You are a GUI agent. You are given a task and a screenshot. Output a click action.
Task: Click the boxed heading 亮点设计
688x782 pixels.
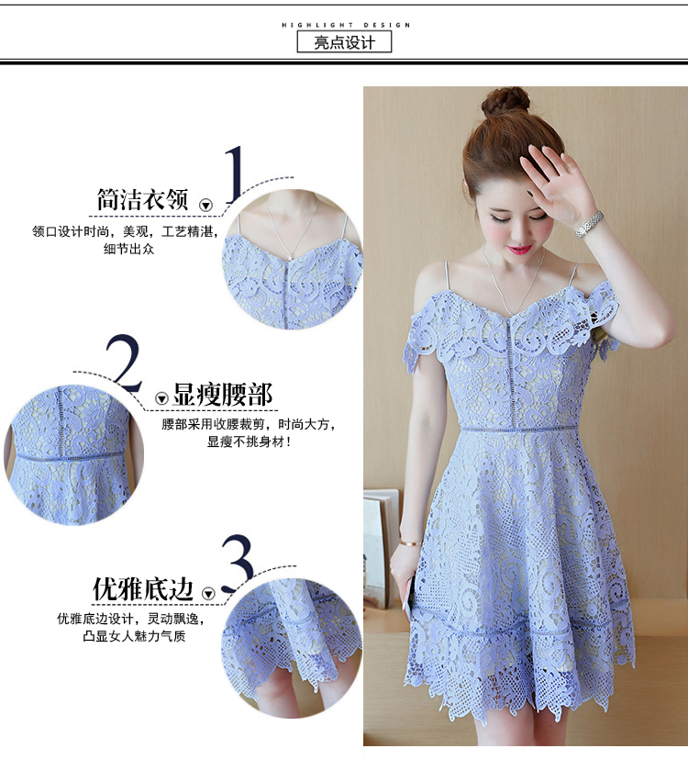click(x=344, y=42)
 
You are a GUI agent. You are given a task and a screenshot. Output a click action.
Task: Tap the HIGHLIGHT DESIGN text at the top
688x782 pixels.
click(x=346, y=25)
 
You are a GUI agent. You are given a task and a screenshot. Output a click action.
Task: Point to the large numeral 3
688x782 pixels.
click(x=238, y=563)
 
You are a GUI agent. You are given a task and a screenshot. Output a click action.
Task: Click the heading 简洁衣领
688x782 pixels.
click(x=142, y=200)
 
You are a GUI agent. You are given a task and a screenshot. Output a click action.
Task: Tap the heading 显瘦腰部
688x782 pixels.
click(x=222, y=395)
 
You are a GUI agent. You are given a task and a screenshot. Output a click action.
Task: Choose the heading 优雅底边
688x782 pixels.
click(x=143, y=589)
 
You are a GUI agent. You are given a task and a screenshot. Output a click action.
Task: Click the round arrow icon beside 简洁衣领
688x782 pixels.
click(x=205, y=205)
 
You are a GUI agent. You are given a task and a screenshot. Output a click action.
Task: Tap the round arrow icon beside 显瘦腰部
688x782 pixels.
click(x=161, y=398)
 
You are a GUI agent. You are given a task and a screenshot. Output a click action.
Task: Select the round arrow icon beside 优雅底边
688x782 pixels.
click(x=208, y=594)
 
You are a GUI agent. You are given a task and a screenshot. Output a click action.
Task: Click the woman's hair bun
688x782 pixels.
click(x=505, y=102)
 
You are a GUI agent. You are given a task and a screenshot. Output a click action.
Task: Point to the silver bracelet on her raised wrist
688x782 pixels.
click(x=589, y=225)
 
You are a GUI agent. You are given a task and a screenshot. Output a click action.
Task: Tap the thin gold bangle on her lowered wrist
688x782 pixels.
click(x=410, y=542)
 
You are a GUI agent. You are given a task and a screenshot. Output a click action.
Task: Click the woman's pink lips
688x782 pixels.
click(x=519, y=249)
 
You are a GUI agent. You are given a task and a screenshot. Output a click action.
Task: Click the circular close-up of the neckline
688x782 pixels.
click(x=292, y=260)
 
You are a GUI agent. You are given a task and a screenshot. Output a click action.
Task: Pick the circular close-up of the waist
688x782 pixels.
click(x=73, y=453)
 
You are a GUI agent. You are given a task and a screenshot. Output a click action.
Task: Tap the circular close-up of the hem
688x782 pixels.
click(x=292, y=648)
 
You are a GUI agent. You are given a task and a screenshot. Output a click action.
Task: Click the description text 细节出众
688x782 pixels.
click(x=128, y=249)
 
